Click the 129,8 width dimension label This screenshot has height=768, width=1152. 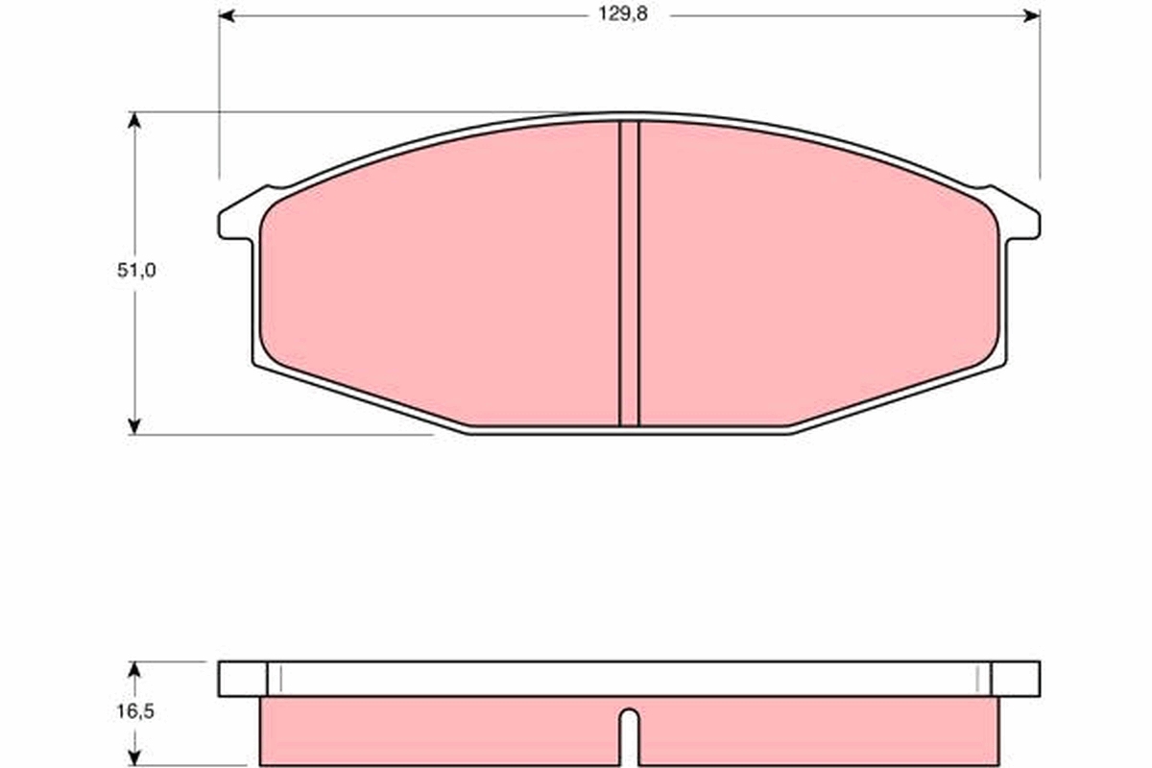pyautogui.click(x=623, y=14)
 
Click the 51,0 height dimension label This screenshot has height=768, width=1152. pyautogui.click(x=136, y=270)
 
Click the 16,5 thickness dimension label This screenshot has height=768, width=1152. pyautogui.click(x=135, y=711)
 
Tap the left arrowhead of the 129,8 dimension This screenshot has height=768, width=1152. pyautogui.click(x=228, y=16)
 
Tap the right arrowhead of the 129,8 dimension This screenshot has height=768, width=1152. pyautogui.click(x=1032, y=16)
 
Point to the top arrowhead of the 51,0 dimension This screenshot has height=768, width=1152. pyautogui.click(x=134, y=120)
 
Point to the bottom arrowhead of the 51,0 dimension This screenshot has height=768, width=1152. pyautogui.click(x=134, y=426)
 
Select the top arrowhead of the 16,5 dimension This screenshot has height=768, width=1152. pyautogui.click(x=134, y=670)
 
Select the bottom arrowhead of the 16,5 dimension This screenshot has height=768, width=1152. pyautogui.click(x=134, y=757)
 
